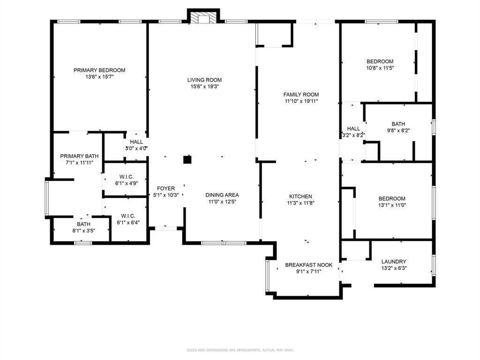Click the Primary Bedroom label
click(99, 70)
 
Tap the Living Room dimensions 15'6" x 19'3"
click(204, 87)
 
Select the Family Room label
click(301, 94)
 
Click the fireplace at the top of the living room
click(203, 17)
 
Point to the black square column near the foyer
click(187, 160)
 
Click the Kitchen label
click(300, 196)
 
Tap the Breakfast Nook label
click(308, 265)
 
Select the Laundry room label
click(394, 262)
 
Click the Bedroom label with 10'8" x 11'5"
click(380, 61)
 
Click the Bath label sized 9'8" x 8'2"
click(398, 124)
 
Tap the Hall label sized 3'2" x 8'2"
click(353, 128)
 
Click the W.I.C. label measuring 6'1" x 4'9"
click(127, 177)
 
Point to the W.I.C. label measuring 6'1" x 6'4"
click(127, 216)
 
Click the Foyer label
click(166, 188)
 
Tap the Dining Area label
click(222, 195)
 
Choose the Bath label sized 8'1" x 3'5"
click(84, 224)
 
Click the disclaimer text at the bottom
click(240, 350)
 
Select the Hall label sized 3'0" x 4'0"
click(136, 142)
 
